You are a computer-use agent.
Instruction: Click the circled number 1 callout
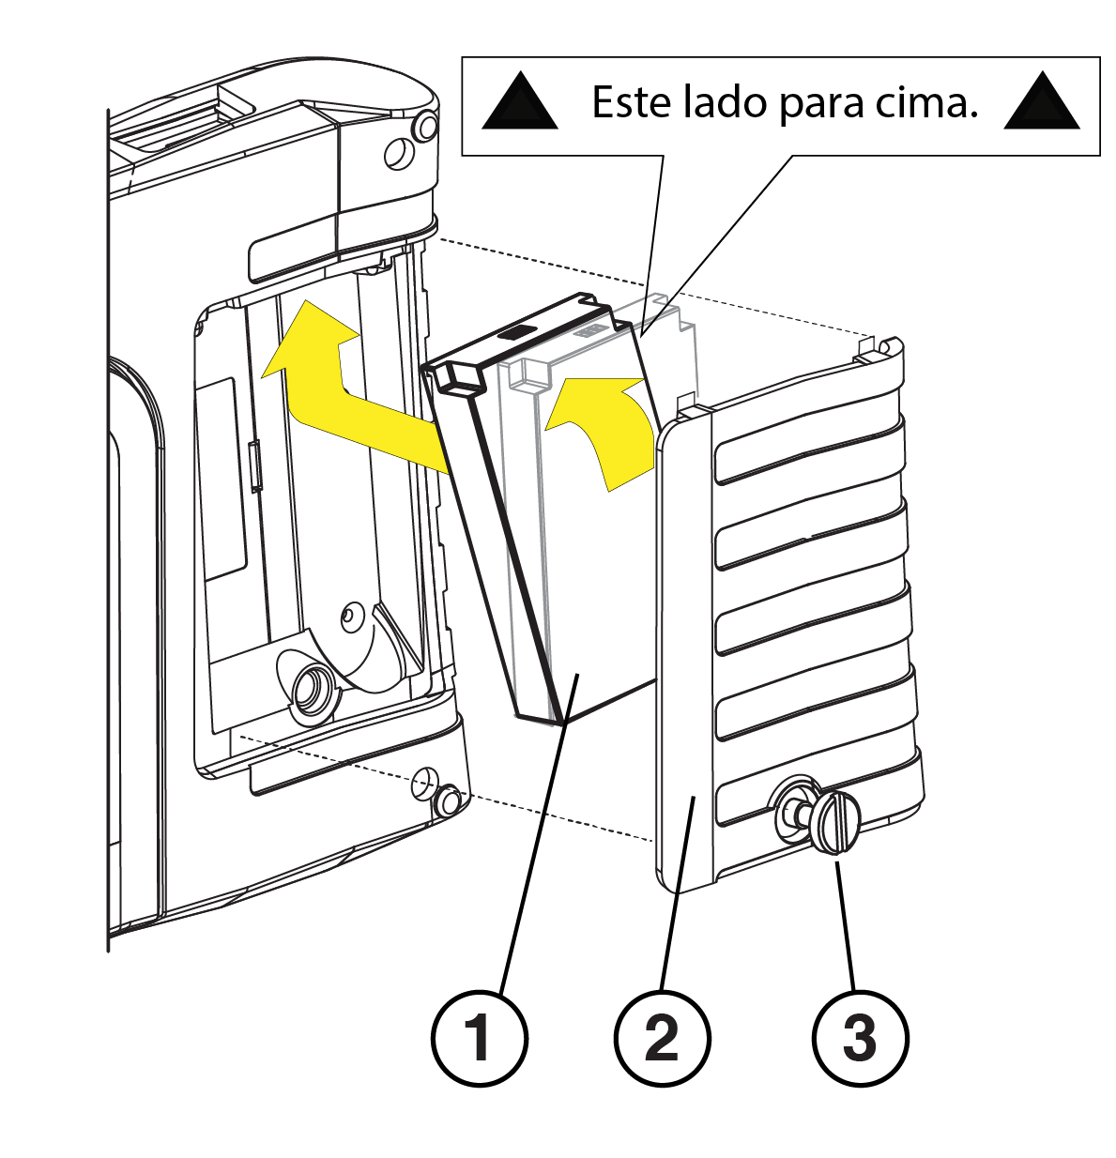tap(479, 1038)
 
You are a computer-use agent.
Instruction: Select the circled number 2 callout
tap(662, 1038)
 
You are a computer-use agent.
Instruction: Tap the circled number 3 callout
tap(860, 1038)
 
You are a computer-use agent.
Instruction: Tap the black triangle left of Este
tap(520, 101)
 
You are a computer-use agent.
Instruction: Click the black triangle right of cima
tap(1042, 101)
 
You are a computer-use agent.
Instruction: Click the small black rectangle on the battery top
tap(515, 332)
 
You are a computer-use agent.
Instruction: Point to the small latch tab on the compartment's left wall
tap(255, 466)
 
